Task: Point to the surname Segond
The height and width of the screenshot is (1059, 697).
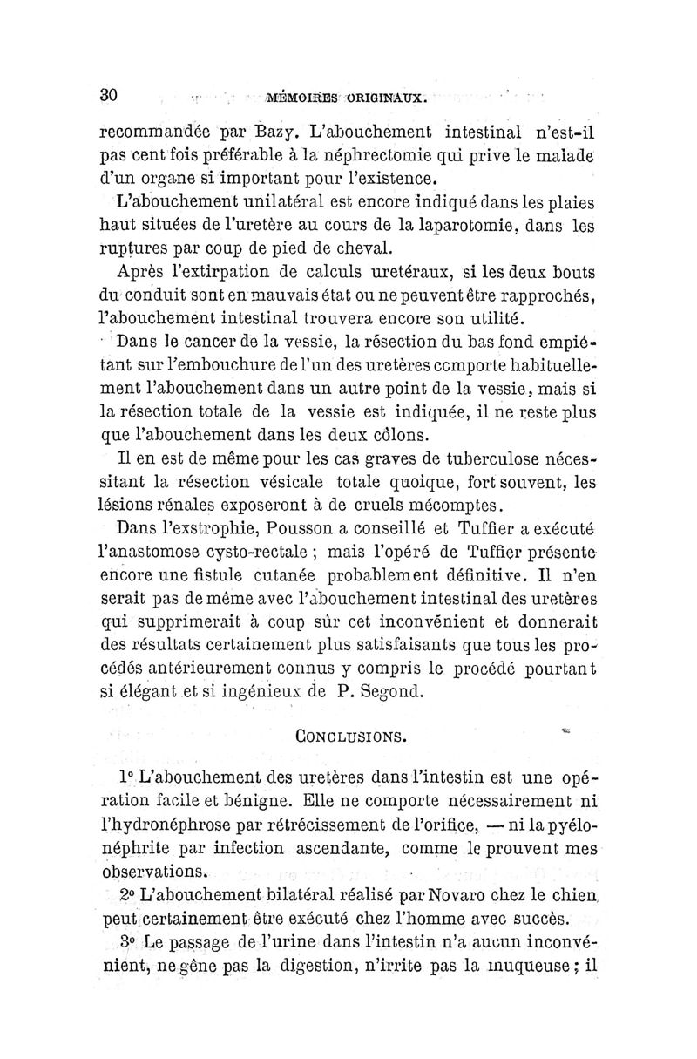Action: [x=393, y=694]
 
